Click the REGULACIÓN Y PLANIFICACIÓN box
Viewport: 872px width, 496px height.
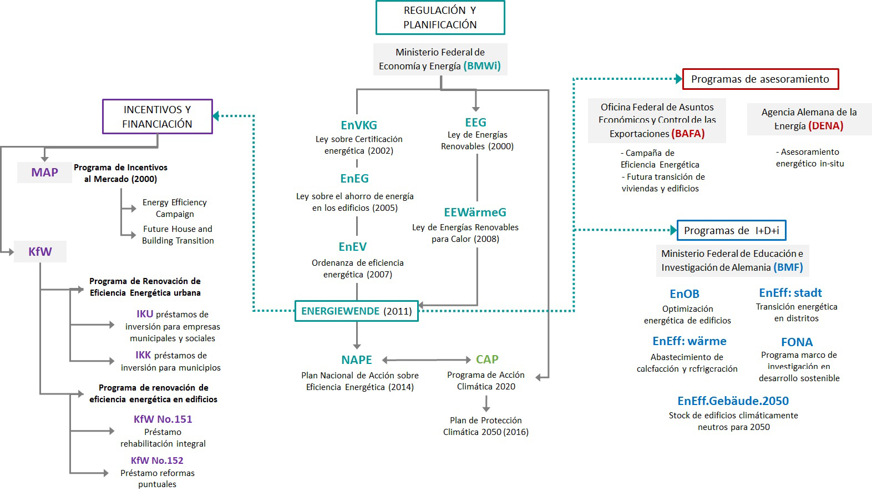440,18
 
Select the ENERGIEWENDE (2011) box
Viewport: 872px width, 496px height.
356,311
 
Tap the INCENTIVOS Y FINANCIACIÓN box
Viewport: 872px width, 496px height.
157,117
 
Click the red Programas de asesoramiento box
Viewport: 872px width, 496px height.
760,79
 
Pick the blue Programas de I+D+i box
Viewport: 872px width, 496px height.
731,231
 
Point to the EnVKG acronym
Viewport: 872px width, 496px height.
359,125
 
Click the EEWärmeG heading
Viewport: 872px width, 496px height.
475,212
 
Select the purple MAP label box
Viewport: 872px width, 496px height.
44,173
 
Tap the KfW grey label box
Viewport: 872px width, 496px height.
40,252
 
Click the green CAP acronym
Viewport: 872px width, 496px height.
487,360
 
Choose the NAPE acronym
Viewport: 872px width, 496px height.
357,360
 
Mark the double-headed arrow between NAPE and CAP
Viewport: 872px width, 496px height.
426,360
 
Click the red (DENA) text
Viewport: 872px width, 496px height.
825,126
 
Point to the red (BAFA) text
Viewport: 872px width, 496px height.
688,134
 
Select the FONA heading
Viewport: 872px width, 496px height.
797,342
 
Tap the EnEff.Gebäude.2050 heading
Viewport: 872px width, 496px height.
733,401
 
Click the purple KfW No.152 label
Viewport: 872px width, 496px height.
157,460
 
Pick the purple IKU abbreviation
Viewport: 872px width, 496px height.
145,314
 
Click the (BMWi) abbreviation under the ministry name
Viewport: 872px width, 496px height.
482,66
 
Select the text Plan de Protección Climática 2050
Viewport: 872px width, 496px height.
485,426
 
